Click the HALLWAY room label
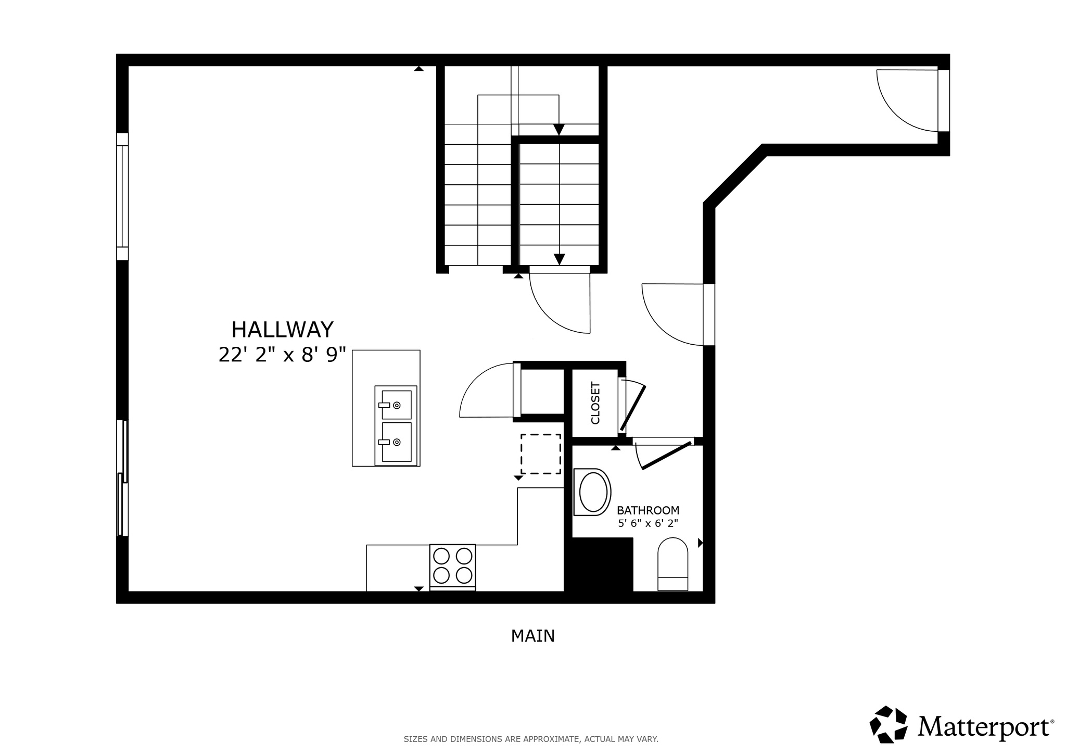coord(282,330)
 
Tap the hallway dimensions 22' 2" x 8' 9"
coord(282,355)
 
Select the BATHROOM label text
coord(648,510)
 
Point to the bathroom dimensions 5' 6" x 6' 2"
coord(648,523)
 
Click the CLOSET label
coord(595,403)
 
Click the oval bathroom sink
coord(593,492)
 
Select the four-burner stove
coord(452,566)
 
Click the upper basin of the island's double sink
coord(397,405)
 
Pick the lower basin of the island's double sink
coord(397,442)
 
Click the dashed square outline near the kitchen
coord(541,454)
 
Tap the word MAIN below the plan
coord(532,636)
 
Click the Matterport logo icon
coord(888,724)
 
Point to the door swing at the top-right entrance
coord(906,102)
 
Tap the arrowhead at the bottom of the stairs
coord(559,259)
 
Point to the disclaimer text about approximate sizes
coord(531,739)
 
